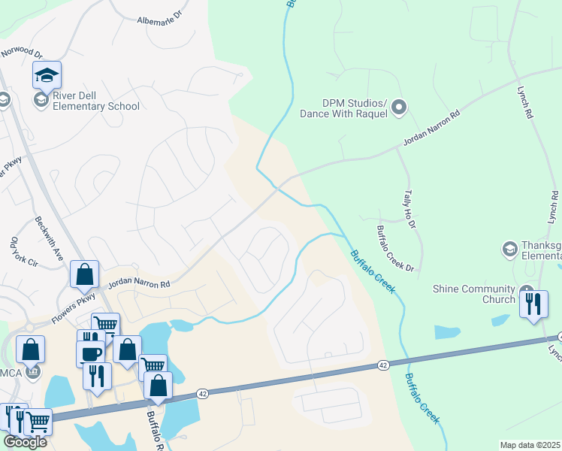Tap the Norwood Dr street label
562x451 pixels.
22,53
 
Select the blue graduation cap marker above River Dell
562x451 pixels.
47,75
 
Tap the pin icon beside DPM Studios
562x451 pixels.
399,108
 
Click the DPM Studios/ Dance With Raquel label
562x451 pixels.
343,108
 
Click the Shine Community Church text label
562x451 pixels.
474,289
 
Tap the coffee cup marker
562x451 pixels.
91,353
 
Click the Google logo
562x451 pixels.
25,442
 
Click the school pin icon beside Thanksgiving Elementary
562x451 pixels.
509,249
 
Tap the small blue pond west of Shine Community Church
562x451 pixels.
447,331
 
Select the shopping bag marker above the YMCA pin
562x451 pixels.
31,349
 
